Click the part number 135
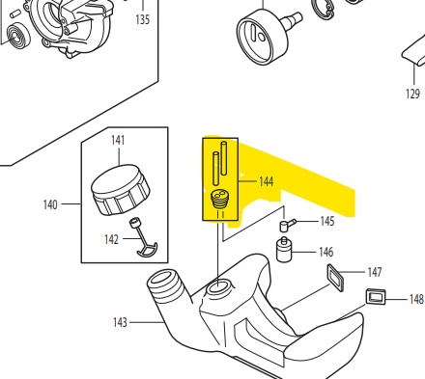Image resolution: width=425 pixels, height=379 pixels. [x=143, y=19]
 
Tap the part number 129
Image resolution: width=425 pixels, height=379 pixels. [x=412, y=94]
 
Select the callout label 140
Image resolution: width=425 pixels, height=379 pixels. [x=50, y=204]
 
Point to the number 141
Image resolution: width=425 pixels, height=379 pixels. [x=118, y=140]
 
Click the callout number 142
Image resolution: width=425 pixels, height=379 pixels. [x=111, y=239]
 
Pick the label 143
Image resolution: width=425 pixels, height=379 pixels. [x=120, y=322]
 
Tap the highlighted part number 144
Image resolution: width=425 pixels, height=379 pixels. [x=267, y=181]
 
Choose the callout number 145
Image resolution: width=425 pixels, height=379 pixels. [x=327, y=221]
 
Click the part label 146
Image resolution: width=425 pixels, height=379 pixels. [x=326, y=252]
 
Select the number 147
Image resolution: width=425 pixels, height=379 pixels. [x=375, y=272]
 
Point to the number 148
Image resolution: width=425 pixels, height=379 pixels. [x=416, y=299]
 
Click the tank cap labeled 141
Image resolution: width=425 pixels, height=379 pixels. [x=121, y=190]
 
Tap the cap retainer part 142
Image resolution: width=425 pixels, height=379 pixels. [x=143, y=238]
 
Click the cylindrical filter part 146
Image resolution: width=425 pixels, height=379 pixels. [x=284, y=250]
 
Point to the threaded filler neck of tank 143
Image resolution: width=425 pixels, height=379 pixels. [x=166, y=283]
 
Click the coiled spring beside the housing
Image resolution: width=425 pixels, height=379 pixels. [x=18, y=36]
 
